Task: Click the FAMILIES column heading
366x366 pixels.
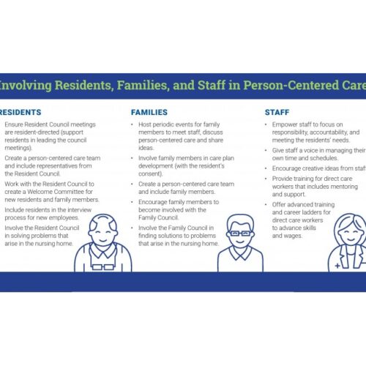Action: [x=149, y=113]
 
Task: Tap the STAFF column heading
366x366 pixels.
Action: [x=278, y=113]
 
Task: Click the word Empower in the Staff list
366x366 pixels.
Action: [x=288, y=126]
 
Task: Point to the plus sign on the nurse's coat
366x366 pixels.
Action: [x=336, y=266]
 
